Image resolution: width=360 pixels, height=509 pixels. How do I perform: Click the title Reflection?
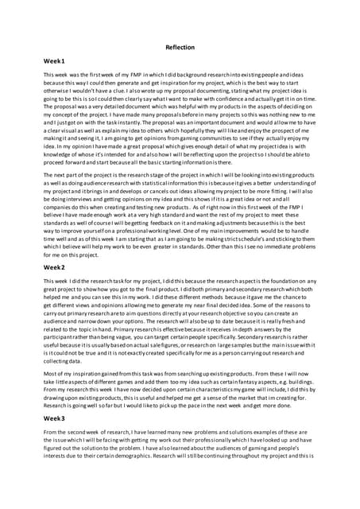click(x=180, y=48)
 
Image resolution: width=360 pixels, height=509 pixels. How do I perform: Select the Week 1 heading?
click(x=54, y=61)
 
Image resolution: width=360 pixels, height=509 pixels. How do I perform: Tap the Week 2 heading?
click(x=54, y=268)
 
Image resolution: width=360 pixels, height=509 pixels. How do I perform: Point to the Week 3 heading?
click(x=54, y=418)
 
